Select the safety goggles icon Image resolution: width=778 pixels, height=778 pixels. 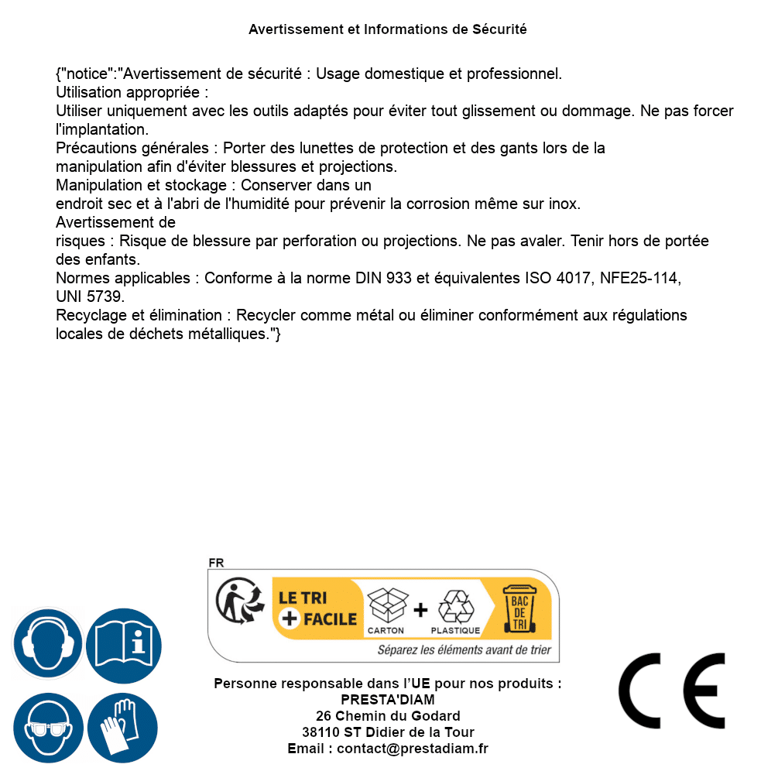click(x=47, y=728)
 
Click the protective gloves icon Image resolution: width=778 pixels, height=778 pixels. click(x=122, y=728)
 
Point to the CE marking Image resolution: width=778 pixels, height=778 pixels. click(x=672, y=691)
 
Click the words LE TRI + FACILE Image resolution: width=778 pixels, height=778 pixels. click(x=317, y=608)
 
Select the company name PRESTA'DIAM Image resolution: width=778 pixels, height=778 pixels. click(x=388, y=700)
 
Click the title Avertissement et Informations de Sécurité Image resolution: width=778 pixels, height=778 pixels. click(x=388, y=29)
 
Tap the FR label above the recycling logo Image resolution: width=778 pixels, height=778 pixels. click(x=216, y=563)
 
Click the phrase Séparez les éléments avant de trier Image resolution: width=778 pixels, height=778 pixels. click(x=464, y=649)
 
